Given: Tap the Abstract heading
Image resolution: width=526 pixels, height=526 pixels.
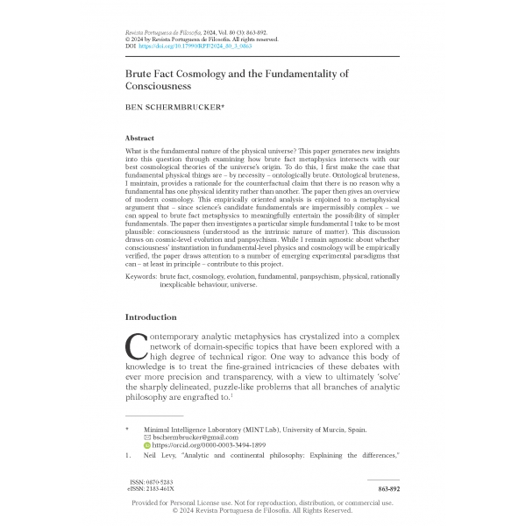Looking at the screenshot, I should point(140,139).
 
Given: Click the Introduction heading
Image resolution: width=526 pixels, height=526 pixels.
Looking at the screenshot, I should point(152,316).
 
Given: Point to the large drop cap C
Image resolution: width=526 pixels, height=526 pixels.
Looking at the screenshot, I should point(137,347).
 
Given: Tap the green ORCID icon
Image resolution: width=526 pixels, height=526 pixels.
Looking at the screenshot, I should point(147,445).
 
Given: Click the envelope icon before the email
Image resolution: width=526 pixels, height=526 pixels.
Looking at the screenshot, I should point(147,436).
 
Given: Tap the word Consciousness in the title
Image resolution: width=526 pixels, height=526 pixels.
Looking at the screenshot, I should point(166,88).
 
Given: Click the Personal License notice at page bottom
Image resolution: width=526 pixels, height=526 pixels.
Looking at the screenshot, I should point(263,502).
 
